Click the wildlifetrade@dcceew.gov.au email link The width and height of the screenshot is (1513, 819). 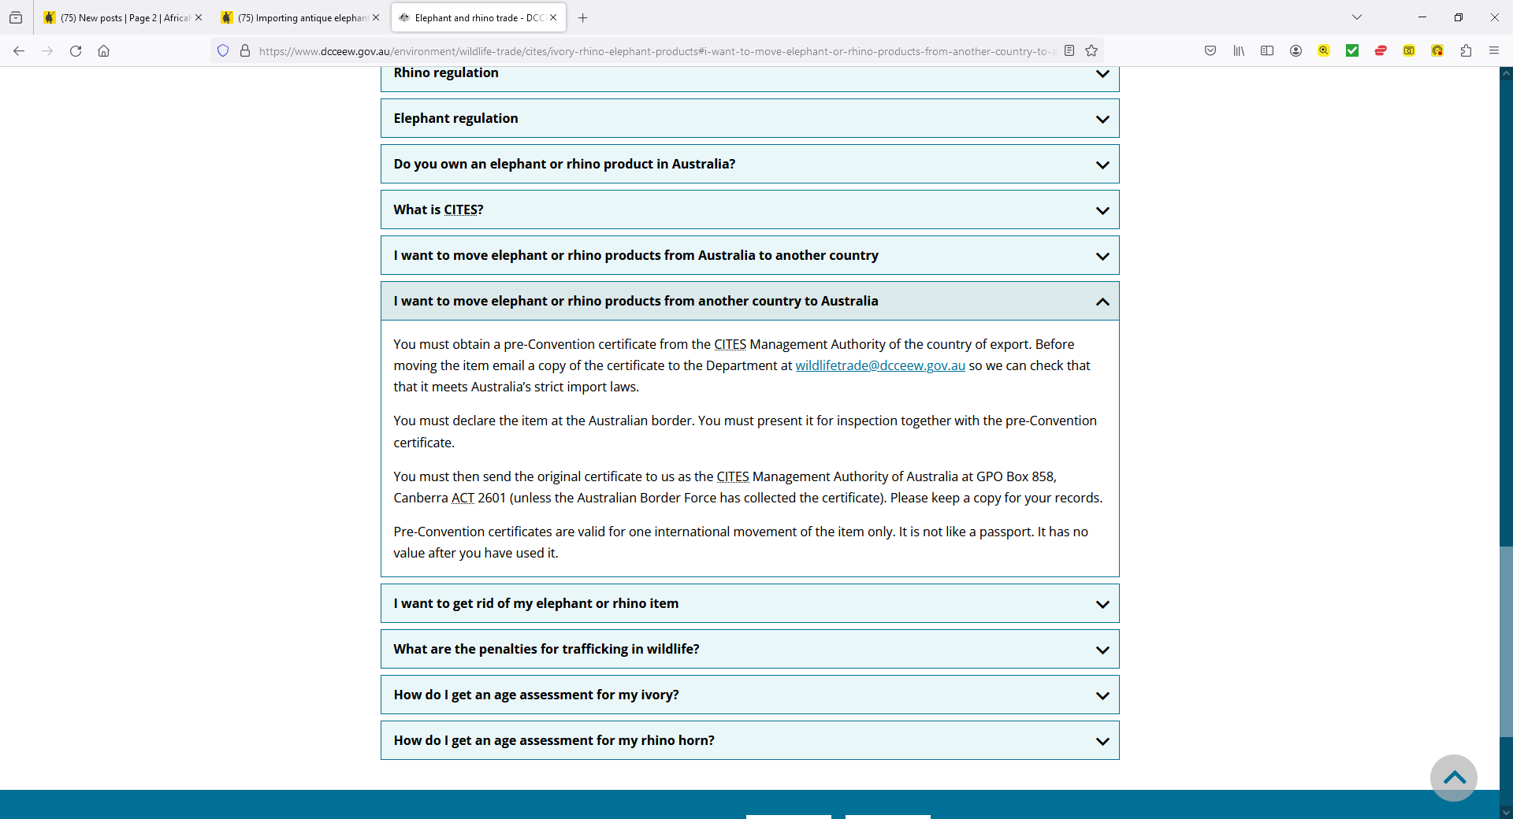pos(879,365)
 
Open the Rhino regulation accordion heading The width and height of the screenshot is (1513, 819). pos(446,73)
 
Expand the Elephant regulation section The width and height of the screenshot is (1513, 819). pos(455,118)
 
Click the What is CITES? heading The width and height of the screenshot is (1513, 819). pos(438,209)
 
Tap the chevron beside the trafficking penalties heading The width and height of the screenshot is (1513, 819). pos(1102,650)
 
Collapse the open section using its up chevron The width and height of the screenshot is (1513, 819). pos(1102,302)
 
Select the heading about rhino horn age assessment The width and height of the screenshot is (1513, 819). pos(553,740)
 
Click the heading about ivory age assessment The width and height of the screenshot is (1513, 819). pos(536,695)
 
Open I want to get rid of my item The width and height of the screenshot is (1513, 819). pos(536,603)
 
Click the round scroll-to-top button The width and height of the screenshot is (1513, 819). pos(1454,778)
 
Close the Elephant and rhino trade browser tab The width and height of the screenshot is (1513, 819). pos(553,17)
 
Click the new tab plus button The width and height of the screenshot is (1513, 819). pos(583,17)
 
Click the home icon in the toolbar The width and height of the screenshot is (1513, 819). pos(103,51)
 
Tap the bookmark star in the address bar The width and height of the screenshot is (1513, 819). pos(1091,51)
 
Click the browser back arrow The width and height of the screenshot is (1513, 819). pos(19,51)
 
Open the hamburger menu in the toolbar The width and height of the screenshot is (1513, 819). pos(1493,51)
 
